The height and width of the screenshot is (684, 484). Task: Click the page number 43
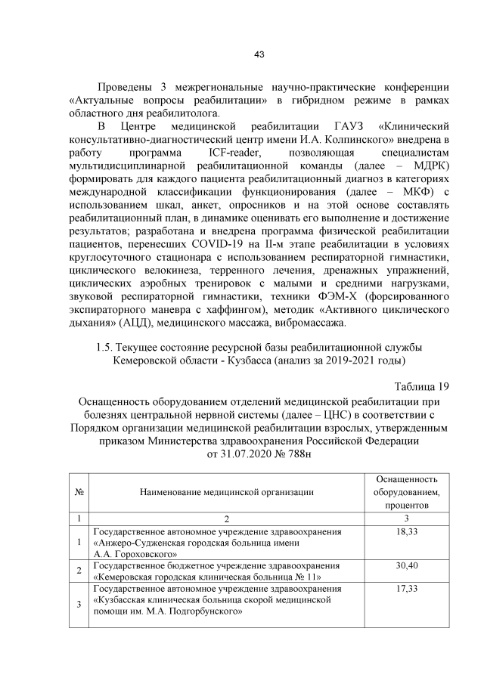coord(259,54)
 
